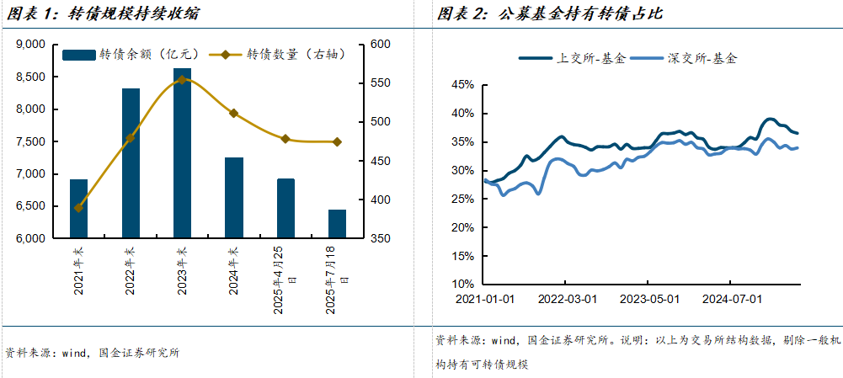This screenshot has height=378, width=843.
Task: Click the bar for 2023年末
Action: (182, 152)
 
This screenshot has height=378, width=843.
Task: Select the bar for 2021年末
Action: (78, 208)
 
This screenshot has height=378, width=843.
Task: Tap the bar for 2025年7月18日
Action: (337, 223)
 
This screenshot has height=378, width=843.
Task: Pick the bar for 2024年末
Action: (234, 197)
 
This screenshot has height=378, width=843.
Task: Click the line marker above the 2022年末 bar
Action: (131, 137)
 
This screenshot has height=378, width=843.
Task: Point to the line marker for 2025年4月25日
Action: (285, 139)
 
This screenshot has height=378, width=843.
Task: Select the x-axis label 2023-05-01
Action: (648, 298)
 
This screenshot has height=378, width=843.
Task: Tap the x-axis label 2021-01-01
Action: (485, 298)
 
